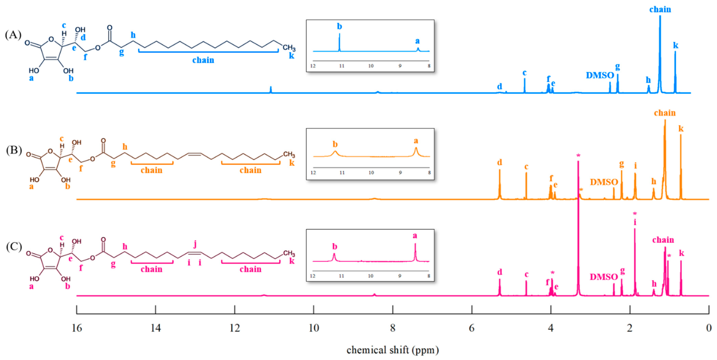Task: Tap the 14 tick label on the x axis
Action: coord(156,328)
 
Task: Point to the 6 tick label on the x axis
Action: coord(472,328)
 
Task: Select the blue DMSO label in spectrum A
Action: coord(600,75)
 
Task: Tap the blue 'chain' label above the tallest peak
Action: coord(660,10)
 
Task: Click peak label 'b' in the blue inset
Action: coord(339,26)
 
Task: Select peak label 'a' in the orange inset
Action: coord(416,141)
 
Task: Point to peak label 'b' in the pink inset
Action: coord(335,247)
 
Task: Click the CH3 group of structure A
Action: coord(289,48)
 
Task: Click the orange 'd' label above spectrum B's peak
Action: coord(500,162)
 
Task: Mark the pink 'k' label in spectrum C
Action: coord(681,253)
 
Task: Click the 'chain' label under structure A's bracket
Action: coord(203,60)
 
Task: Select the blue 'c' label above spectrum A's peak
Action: coord(524,73)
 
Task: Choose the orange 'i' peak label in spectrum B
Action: coord(635,166)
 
